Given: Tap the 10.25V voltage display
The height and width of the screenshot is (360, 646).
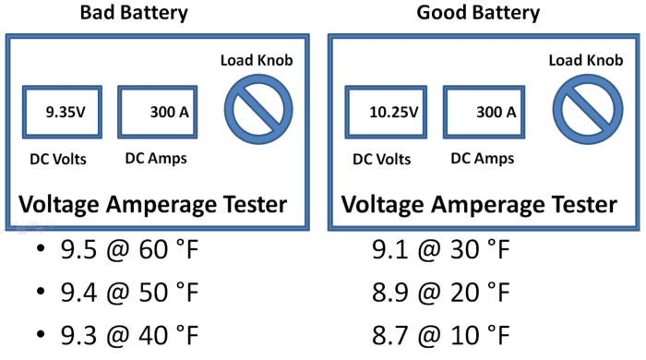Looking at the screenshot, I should pyautogui.click(x=386, y=113).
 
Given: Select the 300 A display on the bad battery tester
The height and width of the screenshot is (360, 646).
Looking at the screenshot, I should pyautogui.click(x=160, y=113).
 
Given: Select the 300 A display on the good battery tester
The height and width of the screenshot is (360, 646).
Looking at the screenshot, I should pyautogui.click(x=486, y=113).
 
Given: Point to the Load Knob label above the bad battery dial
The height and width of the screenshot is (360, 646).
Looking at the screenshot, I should pyautogui.click(x=257, y=61).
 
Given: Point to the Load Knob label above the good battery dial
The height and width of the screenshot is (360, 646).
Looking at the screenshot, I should pyautogui.click(x=585, y=61).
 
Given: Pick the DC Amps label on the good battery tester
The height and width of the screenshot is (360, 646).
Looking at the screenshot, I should pyautogui.click(x=482, y=158).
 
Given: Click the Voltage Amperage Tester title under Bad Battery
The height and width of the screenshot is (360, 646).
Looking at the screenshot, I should pyautogui.click(x=153, y=204).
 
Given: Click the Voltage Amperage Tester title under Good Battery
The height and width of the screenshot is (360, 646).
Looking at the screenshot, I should pyautogui.click(x=479, y=204).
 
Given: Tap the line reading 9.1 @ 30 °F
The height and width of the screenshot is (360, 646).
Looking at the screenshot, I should pyautogui.click(x=439, y=249).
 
